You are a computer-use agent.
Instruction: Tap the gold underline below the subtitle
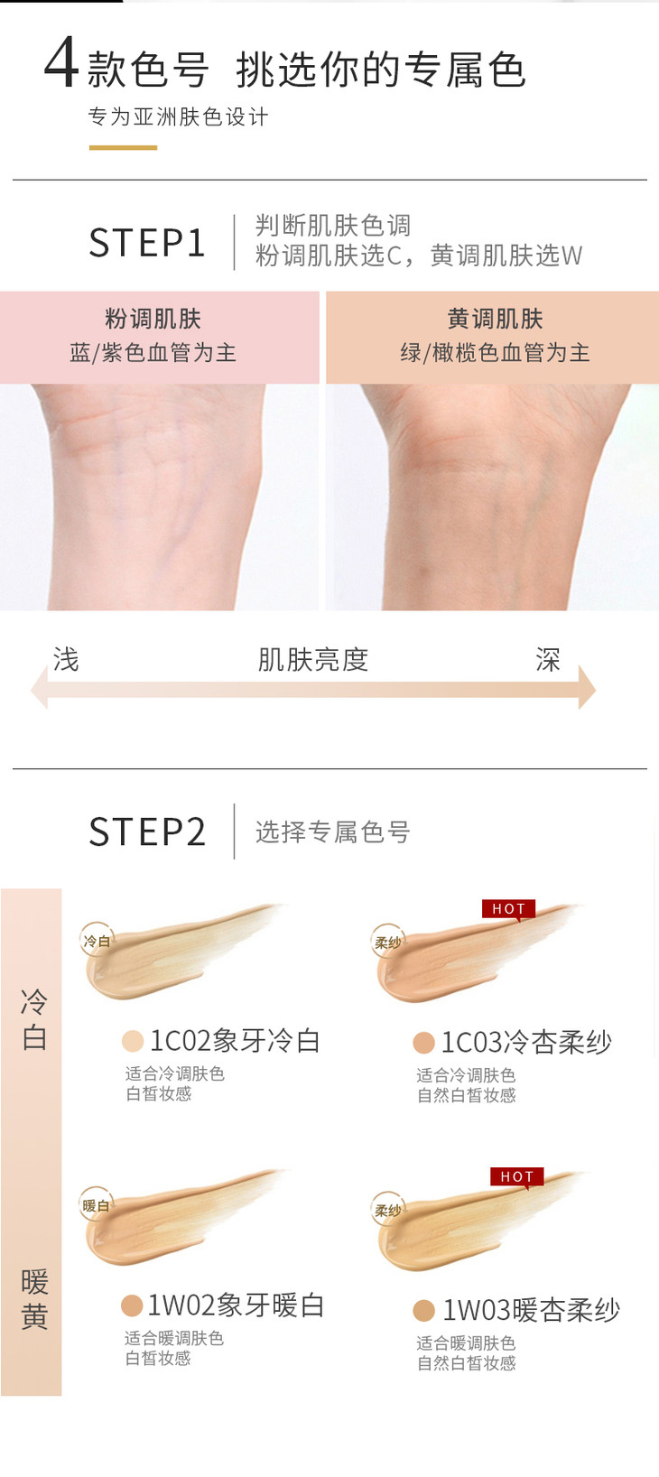(124, 148)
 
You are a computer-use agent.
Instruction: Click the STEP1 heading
(147, 242)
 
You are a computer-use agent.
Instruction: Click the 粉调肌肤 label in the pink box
(153, 319)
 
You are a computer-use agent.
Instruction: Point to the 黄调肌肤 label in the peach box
(495, 319)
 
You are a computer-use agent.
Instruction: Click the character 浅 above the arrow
(66, 659)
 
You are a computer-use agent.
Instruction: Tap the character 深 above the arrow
(548, 659)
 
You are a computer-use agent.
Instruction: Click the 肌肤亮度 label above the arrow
(313, 659)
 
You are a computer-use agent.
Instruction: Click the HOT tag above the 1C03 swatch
(509, 908)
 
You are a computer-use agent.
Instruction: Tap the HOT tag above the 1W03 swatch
(516, 1176)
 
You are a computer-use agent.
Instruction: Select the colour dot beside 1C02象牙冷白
(133, 1041)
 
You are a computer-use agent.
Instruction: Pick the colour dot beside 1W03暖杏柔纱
(423, 1310)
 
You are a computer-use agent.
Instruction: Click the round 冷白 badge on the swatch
(97, 941)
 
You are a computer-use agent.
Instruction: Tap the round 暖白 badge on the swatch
(97, 1205)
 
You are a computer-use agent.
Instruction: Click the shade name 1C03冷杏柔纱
(526, 1042)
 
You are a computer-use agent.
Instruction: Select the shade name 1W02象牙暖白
(236, 1305)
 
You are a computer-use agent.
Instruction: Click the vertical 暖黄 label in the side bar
(34, 1300)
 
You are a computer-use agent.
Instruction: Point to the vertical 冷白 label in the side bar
(34, 1019)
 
